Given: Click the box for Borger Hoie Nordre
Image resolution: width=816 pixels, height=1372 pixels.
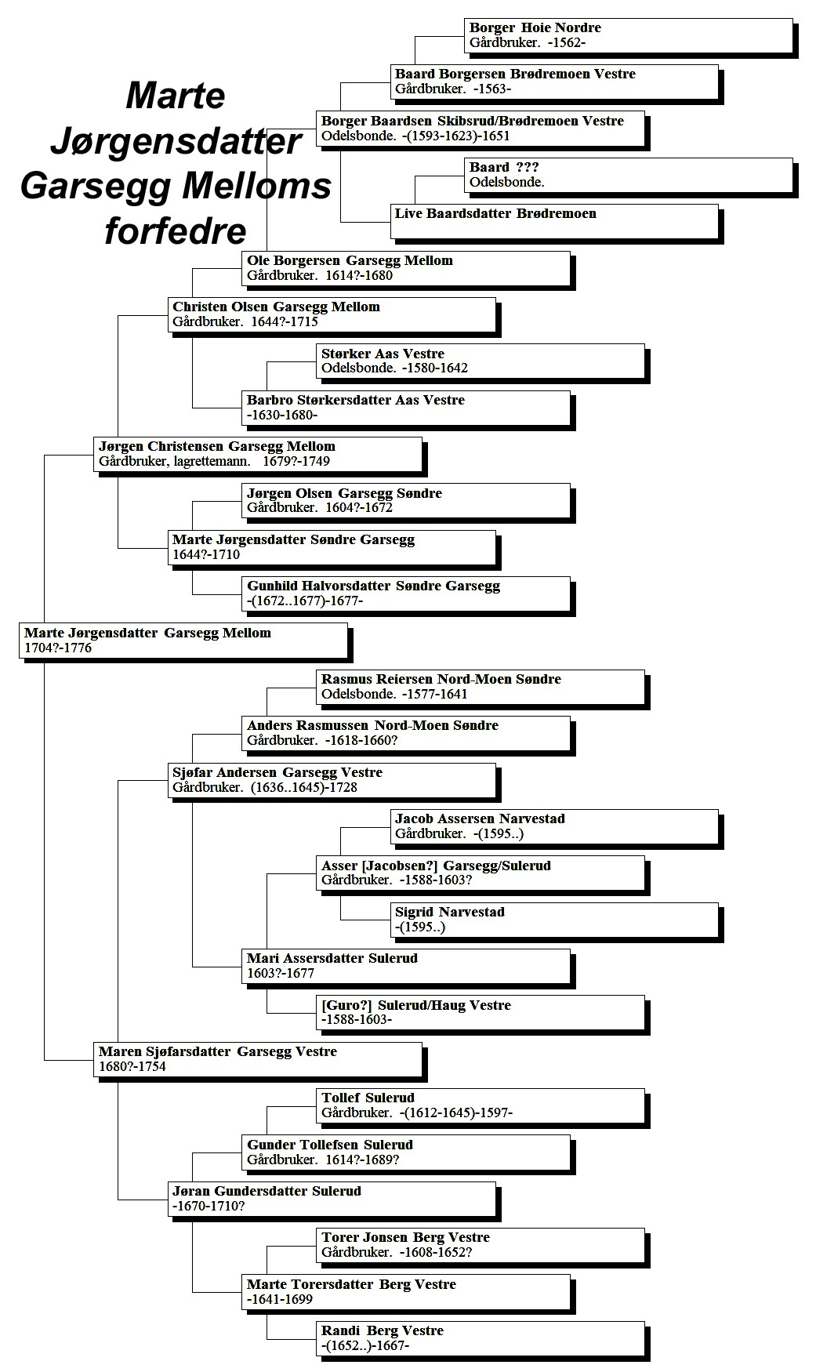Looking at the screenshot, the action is pos(629,36).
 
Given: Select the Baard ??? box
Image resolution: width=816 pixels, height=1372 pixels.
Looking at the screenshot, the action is pos(629,176).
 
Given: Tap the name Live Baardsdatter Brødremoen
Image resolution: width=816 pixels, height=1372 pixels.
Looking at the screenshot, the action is pos(495,213).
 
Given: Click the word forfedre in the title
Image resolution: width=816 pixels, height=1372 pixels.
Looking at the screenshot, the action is pos(176,231).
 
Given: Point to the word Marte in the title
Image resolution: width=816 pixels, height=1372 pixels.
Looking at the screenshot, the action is pos(176,96).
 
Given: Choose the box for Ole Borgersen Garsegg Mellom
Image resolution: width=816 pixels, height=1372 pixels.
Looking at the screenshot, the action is pos(406,269).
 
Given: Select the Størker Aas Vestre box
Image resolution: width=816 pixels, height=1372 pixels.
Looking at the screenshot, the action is pos(481,361).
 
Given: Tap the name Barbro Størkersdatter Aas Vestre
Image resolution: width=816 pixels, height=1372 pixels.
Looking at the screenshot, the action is pos(356,400).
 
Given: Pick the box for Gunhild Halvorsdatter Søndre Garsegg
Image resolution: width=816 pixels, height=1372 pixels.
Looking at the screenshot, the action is pos(406,594).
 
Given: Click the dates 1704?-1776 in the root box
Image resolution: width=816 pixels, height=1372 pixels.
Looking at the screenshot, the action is pos(58,648).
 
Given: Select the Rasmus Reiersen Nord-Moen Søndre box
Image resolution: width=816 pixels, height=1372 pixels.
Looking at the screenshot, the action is pos(481,688).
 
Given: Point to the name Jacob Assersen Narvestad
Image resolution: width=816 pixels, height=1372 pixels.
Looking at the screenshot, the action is pos(480,818).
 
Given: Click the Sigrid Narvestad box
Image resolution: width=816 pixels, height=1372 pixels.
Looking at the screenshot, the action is pos(554,920).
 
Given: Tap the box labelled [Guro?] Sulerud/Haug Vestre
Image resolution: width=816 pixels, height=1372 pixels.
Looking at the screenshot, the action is pos(481,1014).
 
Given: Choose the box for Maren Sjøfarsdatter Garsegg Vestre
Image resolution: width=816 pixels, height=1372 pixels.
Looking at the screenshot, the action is pos(258,1060).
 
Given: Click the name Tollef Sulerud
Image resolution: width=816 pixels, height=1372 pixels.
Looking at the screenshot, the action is pos(368,1098).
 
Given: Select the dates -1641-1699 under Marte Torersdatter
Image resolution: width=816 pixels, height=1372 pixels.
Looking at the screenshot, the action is pos(280,1299).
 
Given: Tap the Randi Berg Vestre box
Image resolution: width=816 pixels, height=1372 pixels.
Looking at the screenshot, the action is pos(481,1339).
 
